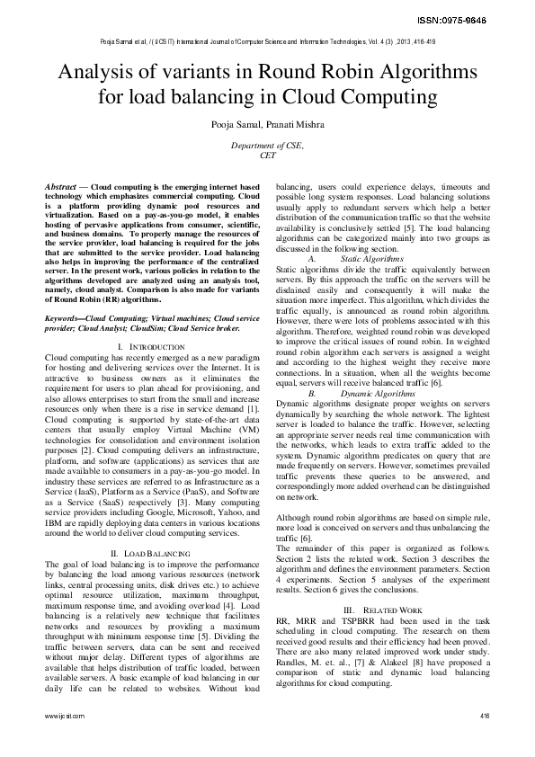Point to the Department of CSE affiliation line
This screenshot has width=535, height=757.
267,145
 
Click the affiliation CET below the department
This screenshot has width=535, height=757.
267,156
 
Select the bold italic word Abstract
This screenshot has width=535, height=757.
62,185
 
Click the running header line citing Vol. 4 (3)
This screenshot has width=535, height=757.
267,41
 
